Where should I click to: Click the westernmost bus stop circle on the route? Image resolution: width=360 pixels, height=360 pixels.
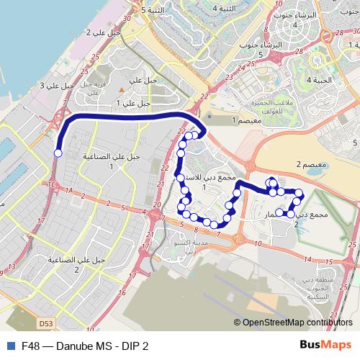tap(58, 153)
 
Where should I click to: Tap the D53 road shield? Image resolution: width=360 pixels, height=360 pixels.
tap(45, 305)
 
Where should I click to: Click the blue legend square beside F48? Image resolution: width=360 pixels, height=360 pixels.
tap(9, 346)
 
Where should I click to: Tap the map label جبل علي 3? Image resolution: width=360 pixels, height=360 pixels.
tap(58, 86)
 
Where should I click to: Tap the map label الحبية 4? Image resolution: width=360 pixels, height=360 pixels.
tap(320, 80)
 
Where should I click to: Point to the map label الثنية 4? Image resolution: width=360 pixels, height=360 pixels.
tap(225, 7)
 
